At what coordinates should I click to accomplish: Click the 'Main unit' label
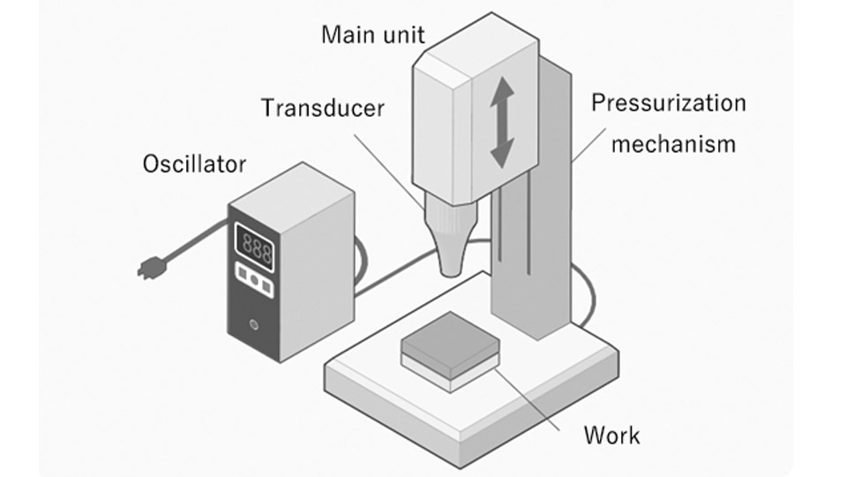click(x=372, y=34)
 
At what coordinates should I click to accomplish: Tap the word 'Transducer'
click(x=323, y=109)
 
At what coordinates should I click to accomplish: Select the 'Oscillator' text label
click(x=194, y=164)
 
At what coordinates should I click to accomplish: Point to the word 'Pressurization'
click(x=668, y=102)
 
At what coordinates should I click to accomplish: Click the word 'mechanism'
click(x=673, y=143)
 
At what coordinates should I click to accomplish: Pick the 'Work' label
click(x=611, y=435)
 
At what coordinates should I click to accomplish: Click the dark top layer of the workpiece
click(x=450, y=339)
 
